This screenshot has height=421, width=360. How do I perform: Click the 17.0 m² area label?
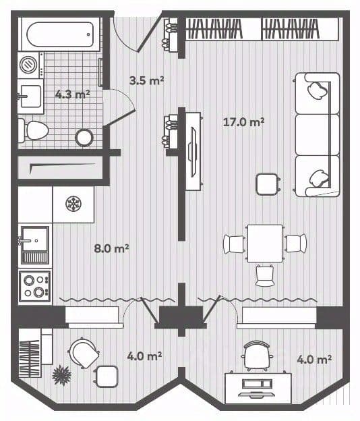tap(243, 122)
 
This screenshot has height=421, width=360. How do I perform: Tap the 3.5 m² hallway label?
tap(146, 80)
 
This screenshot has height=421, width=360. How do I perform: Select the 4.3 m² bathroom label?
tap(72, 94)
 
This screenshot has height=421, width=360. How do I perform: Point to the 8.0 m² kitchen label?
tap(111, 248)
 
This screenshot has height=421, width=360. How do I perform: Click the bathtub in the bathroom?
tap(61, 34)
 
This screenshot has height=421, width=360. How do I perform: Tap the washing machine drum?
tap(28, 65)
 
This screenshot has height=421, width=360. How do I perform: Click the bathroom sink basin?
tap(30, 96)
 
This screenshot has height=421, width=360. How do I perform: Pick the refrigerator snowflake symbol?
tap(73, 204)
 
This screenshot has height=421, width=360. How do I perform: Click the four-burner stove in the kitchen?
tap(35, 286)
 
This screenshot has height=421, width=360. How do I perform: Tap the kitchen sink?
tap(34, 245)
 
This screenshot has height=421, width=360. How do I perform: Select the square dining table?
tap(265, 244)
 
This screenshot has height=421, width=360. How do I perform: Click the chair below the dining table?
tap(265, 275)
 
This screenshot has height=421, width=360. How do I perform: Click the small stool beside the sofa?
tap(267, 184)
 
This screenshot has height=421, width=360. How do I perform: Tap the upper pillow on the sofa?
tap(318, 90)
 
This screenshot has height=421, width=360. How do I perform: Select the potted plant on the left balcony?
tap(62, 375)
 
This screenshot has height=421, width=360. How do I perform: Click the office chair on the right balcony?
tap(257, 356)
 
